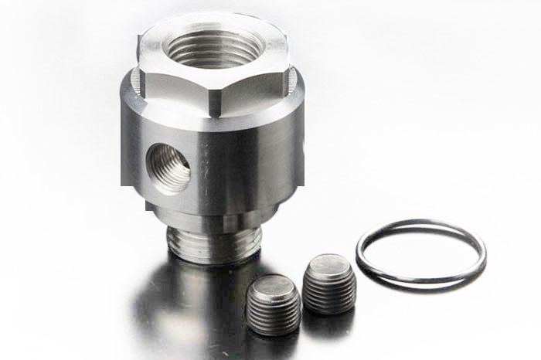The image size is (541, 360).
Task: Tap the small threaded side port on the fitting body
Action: tap(168, 165)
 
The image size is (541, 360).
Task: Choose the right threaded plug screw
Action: tap(329, 284)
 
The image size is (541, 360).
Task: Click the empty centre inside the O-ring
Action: tap(421, 251)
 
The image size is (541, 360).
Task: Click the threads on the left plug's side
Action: tap(273, 317)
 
